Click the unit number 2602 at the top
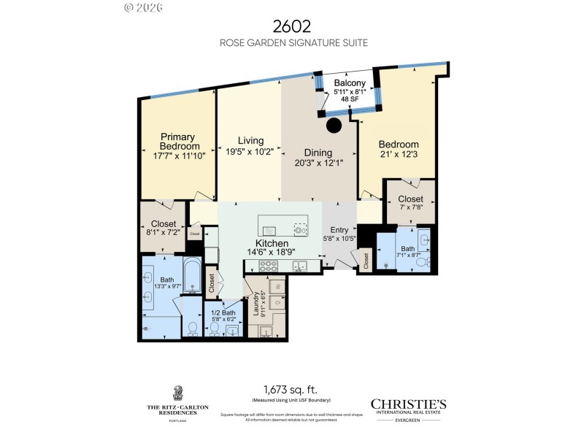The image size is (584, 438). click(292, 26)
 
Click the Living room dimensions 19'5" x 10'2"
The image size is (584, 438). click(250, 152)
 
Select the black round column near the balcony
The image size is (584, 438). click(334, 126)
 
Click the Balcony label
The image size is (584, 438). click(350, 82)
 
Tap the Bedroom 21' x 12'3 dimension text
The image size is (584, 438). click(399, 155)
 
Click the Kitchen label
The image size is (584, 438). click(271, 243)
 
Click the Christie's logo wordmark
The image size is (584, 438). click(408, 404)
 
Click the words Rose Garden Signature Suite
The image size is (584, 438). click(292, 43)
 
